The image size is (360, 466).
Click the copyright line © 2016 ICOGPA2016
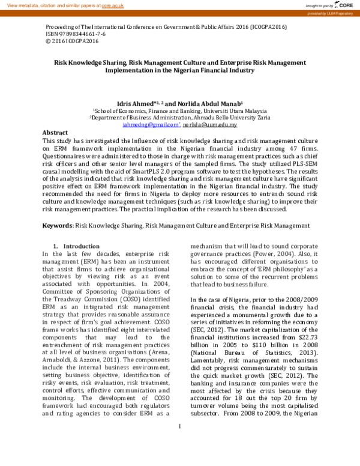tap(72, 42)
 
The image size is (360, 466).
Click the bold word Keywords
tap(57, 225)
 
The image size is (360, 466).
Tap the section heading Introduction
tap(81, 246)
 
